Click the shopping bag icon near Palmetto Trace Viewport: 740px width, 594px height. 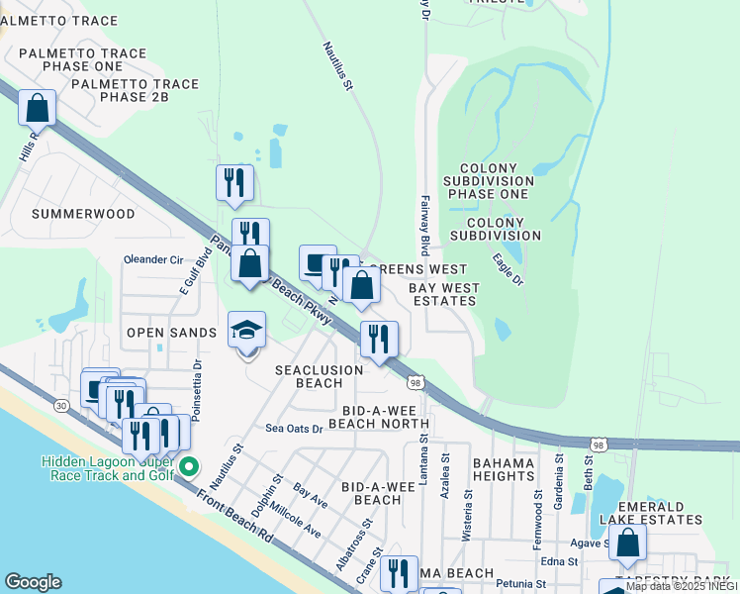[x=37, y=107]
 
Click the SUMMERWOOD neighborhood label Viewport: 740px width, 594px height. [x=83, y=213]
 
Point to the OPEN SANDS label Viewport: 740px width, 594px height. [x=171, y=333]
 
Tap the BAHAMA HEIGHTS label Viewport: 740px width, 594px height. [x=504, y=469]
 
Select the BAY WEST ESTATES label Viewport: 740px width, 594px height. [x=445, y=294]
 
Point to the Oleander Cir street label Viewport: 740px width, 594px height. [x=153, y=260]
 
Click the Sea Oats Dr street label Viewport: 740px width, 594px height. [x=294, y=429]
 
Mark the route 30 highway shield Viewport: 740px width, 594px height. [x=61, y=406]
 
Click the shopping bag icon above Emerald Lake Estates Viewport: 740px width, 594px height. [x=627, y=543]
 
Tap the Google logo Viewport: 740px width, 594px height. [x=34, y=582]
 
